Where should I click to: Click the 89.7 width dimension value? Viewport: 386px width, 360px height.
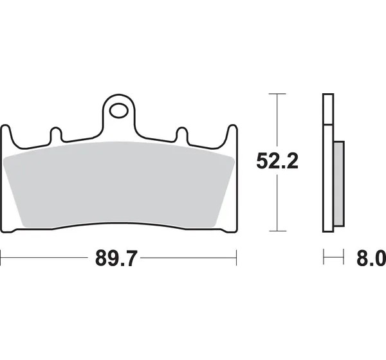click(115, 258)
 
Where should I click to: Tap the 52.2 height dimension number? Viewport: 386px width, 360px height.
click(277, 161)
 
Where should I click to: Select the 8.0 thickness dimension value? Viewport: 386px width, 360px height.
click(371, 258)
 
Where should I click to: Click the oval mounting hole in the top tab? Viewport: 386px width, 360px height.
click(118, 111)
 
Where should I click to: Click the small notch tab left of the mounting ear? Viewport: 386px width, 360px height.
click(56, 134)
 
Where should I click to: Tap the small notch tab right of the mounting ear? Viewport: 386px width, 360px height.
click(183, 134)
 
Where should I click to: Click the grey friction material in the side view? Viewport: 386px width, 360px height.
click(339, 184)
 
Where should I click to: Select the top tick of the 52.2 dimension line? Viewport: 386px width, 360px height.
click(277, 94)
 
